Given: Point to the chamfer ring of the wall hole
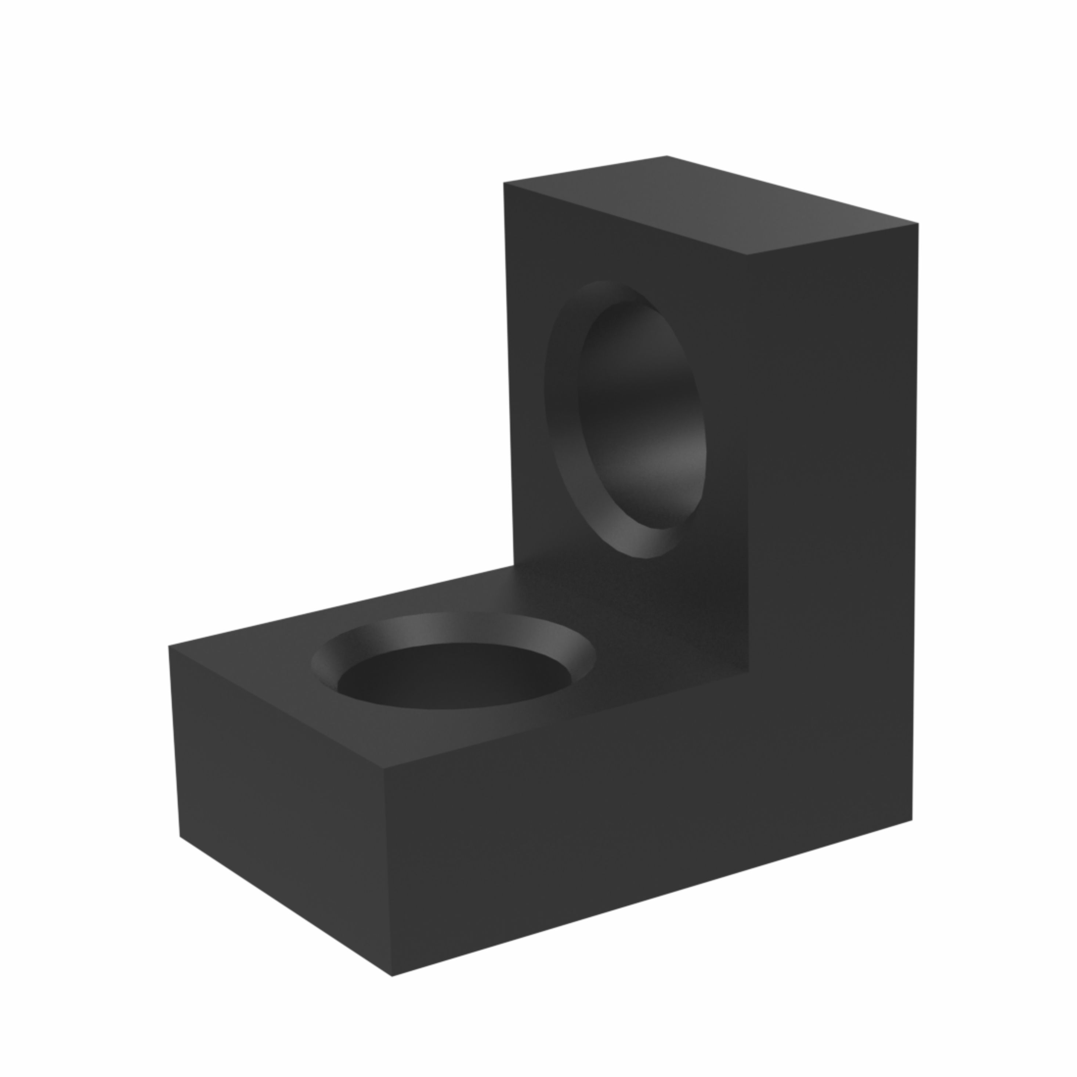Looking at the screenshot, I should click(563, 424).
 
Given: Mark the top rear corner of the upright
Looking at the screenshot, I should click(667, 156).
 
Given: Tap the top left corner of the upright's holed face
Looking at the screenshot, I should click(505, 183).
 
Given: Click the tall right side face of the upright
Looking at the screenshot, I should click(831, 502).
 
